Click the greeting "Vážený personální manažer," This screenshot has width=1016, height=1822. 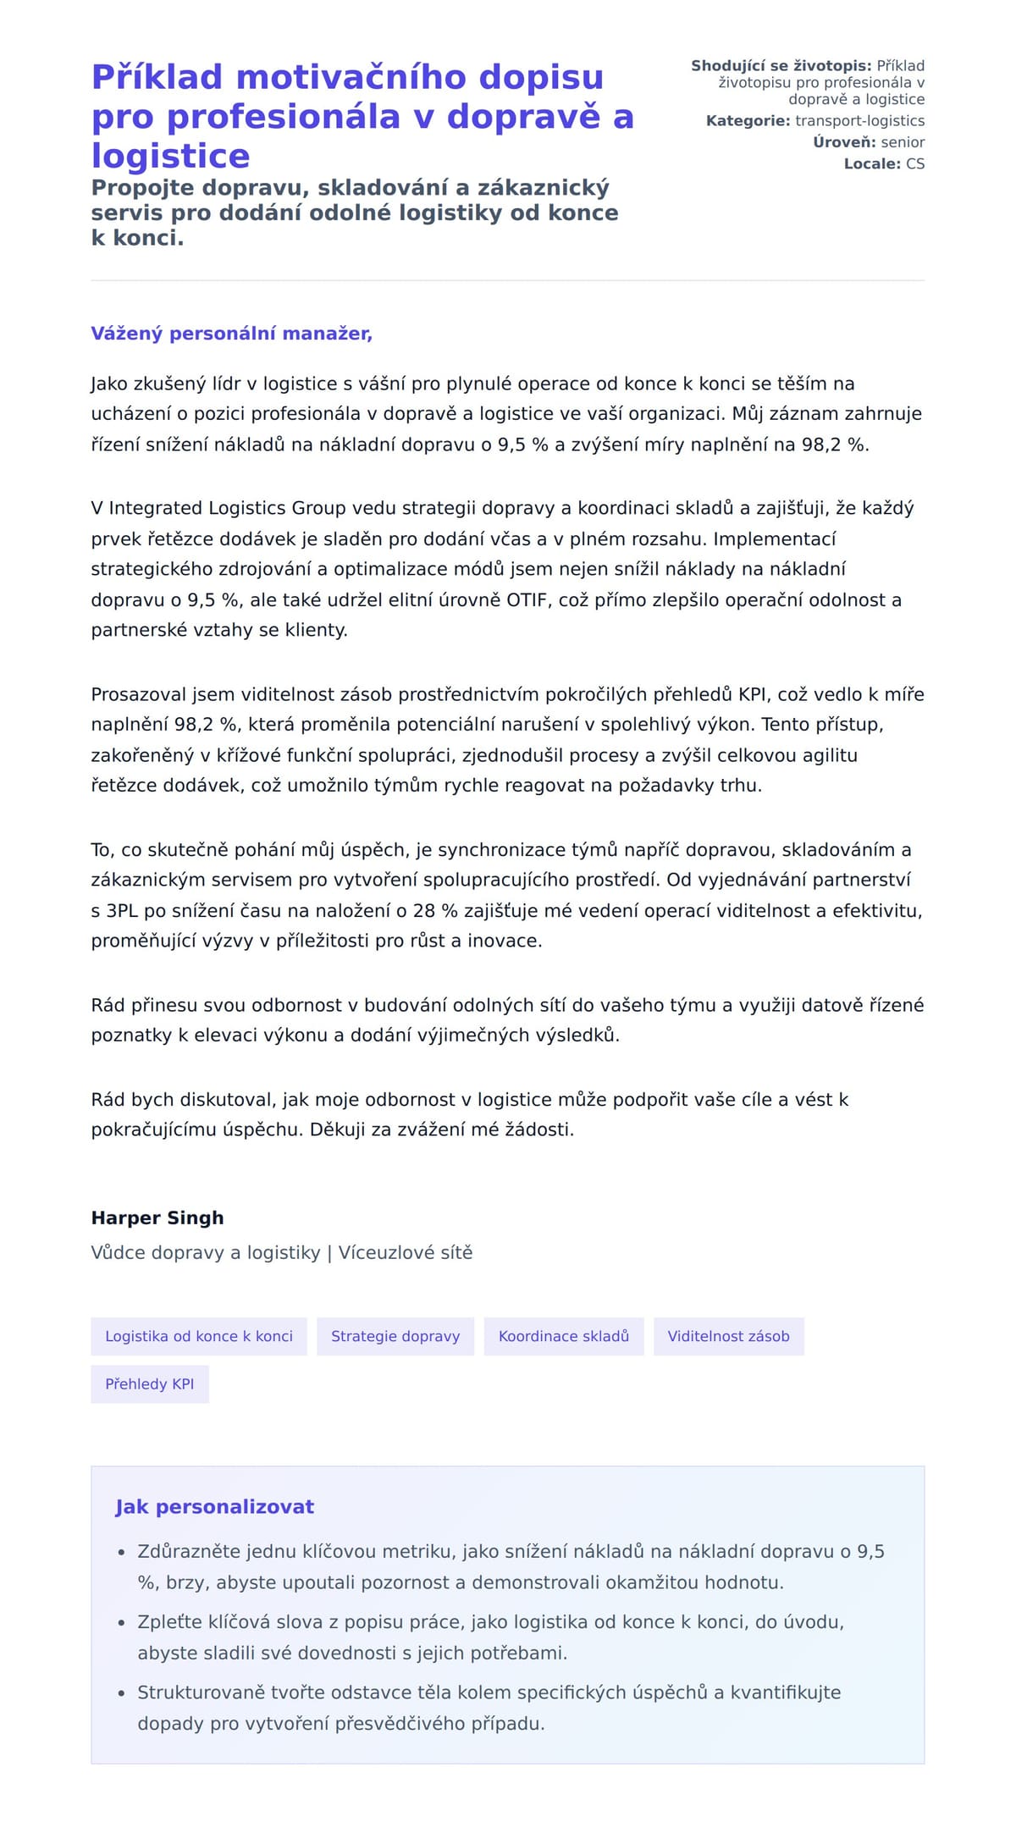[x=231, y=334]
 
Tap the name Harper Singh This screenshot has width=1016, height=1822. [x=157, y=1217]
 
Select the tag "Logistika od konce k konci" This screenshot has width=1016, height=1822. [x=199, y=1336]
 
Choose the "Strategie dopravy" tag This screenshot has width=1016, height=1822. [x=395, y=1336]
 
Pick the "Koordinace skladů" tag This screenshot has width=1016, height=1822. [x=564, y=1336]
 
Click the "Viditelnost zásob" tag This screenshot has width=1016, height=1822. [x=728, y=1336]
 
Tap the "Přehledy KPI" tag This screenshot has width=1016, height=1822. [x=150, y=1383]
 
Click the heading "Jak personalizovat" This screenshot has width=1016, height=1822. [x=214, y=1506]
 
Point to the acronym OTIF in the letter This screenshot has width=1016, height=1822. [x=527, y=600]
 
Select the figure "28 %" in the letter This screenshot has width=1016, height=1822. [x=435, y=911]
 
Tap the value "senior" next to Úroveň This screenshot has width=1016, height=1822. [x=903, y=142]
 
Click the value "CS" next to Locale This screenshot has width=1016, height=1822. [x=915, y=163]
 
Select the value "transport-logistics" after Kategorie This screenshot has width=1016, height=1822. [x=859, y=121]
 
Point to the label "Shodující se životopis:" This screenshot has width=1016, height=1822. [x=781, y=66]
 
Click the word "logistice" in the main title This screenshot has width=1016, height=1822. [x=170, y=156]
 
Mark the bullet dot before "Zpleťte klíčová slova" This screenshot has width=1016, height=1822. [x=121, y=1623]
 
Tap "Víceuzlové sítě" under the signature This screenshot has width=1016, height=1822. [x=406, y=1252]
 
